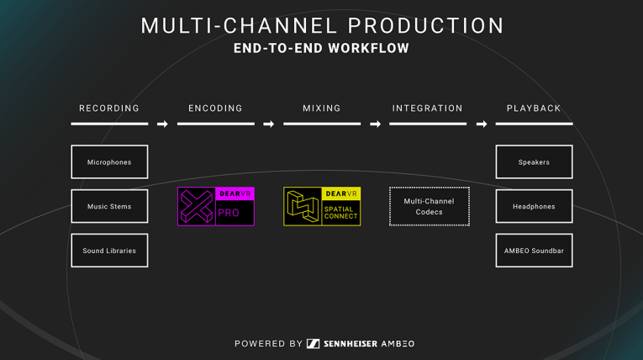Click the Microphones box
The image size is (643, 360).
[x=109, y=162]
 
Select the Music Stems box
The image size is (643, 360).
[x=109, y=206]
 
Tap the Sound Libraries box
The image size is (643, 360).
[x=109, y=251]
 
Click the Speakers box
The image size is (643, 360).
[x=534, y=162]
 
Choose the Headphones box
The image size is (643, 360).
[x=534, y=206]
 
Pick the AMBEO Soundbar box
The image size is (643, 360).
[x=534, y=251]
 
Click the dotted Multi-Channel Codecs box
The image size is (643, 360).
[x=429, y=206]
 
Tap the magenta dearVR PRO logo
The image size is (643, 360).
[x=216, y=206]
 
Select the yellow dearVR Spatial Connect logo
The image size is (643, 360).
[x=322, y=206]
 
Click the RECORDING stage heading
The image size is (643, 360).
[x=109, y=109]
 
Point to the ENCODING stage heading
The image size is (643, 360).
[x=216, y=109]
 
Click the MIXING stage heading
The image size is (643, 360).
[x=322, y=109]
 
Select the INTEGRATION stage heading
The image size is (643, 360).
[x=428, y=109]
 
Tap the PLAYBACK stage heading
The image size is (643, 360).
[x=534, y=109]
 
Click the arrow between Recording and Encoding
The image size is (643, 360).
[x=162, y=124]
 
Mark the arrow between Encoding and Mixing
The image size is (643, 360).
[x=269, y=124]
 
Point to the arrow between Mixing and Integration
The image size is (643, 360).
[x=375, y=124]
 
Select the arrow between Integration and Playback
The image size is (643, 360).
[x=481, y=124]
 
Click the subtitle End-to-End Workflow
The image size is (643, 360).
[x=321, y=49]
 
